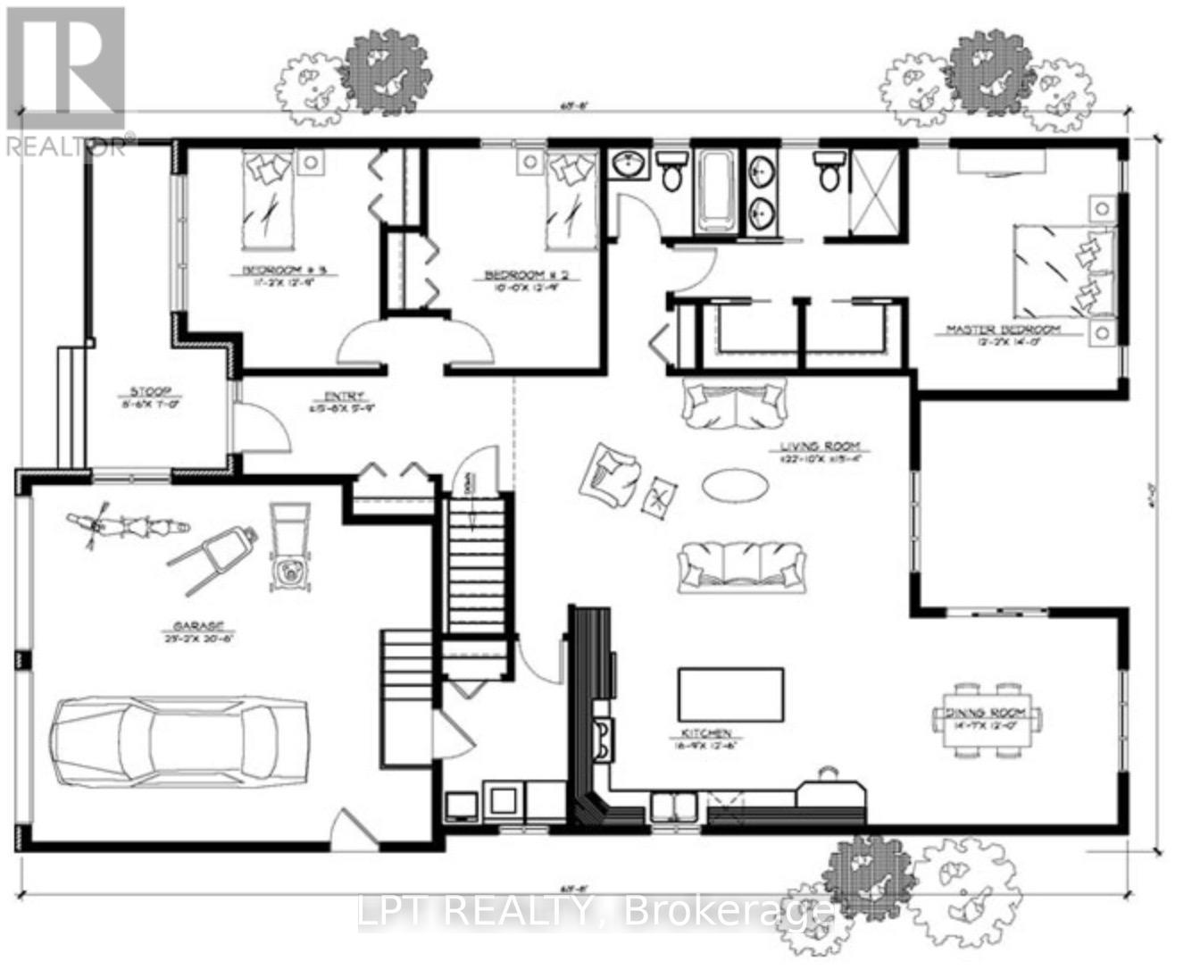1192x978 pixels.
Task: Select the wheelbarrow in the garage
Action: [x=213, y=556]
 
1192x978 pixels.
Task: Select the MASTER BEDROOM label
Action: [x=1003, y=330]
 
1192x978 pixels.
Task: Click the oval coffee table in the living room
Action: [x=735, y=486]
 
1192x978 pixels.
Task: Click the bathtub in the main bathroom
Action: [x=716, y=191]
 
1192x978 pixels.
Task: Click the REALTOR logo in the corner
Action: [x=64, y=80]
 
